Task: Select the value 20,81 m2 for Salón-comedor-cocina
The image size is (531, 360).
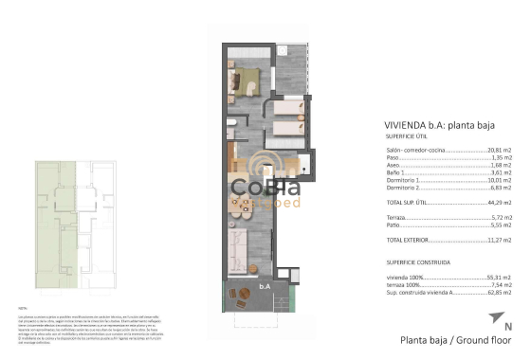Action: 499,150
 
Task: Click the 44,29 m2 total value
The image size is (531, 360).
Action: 499,203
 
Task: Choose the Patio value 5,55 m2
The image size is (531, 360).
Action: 501,225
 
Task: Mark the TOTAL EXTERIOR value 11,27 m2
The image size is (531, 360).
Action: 499,241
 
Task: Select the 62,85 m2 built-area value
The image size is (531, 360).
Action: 499,293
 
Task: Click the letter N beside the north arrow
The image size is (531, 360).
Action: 507,328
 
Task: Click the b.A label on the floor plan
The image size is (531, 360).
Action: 265,284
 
